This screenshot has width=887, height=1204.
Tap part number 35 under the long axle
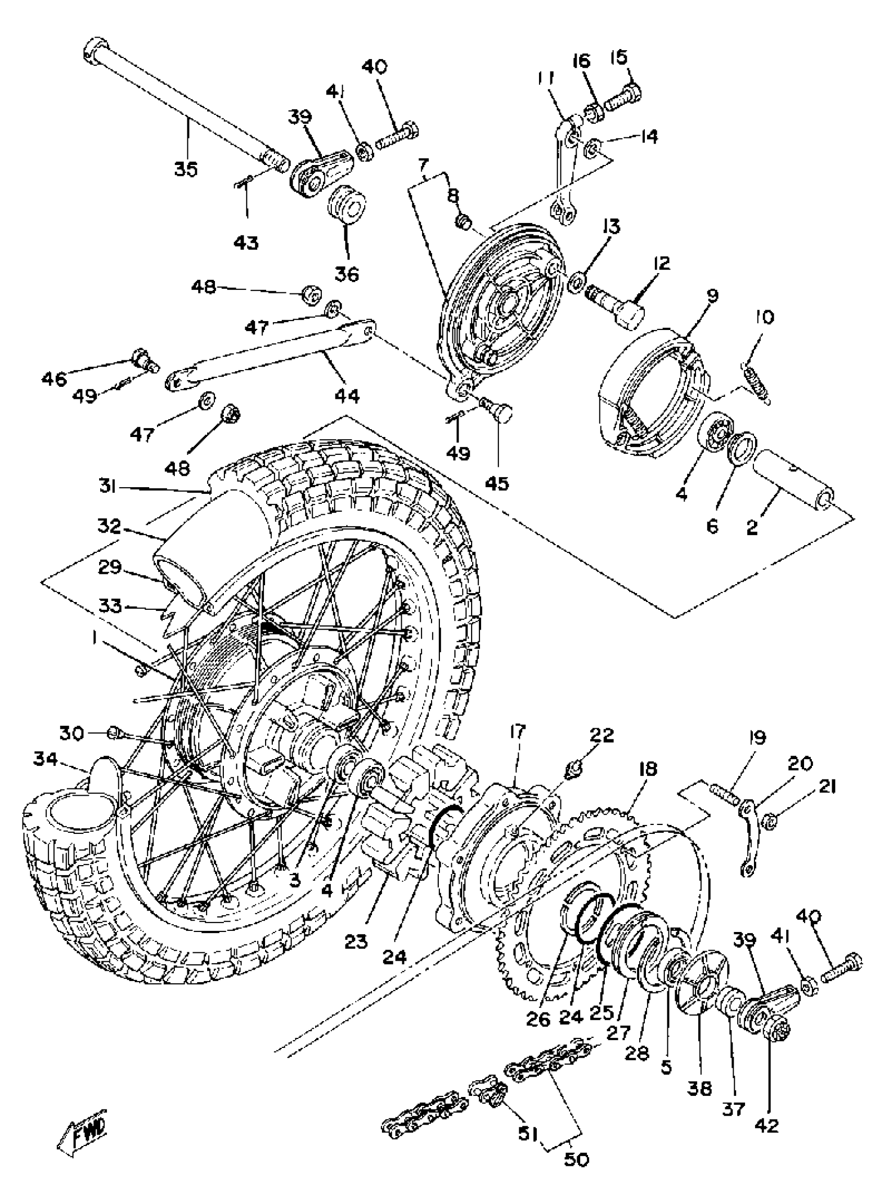click(x=186, y=169)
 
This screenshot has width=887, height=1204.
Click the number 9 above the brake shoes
click(x=713, y=295)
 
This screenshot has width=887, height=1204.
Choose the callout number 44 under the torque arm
click(x=347, y=396)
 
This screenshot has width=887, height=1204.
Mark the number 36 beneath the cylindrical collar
click(x=347, y=275)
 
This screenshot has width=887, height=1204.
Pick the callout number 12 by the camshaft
click(x=662, y=263)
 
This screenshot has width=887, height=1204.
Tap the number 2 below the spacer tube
click(x=752, y=527)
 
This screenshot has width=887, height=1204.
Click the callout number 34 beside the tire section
click(x=45, y=759)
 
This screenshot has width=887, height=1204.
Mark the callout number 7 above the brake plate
click(x=424, y=163)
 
